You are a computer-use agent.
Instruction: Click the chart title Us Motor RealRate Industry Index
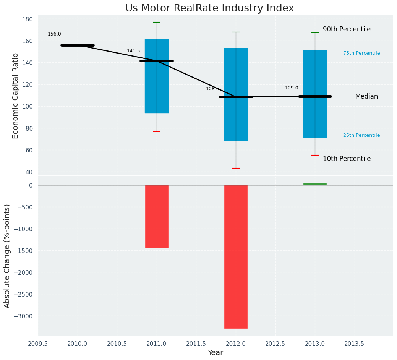click(x=209, y=8)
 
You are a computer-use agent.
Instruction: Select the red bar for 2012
click(x=236, y=256)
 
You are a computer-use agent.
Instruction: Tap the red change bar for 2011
click(x=157, y=216)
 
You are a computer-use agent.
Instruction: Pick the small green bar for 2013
click(x=315, y=184)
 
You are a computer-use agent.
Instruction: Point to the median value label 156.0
click(x=54, y=34)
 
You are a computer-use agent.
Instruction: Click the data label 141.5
click(x=133, y=51)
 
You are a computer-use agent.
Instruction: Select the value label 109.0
click(x=292, y=88)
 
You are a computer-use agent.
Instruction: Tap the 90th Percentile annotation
click(x=347, y=29)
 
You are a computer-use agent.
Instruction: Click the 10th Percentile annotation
click(x=347, y=159)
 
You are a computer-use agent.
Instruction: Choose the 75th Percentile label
click(x=361, y=53)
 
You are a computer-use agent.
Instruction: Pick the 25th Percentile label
click(x=361, y=135)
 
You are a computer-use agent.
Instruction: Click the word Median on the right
click(x=366, y=96)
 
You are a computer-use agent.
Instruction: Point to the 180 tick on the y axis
click(x=30, y=19)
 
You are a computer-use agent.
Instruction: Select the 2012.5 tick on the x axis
click(x=275, y=344)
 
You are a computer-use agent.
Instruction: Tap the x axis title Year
click(x=215, y=353)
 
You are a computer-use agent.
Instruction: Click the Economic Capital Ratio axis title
click(x=16, y=96)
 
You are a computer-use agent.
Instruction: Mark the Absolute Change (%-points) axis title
click(x=7, y=256)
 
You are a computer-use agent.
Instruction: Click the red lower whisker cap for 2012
click(x=236, y=168)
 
